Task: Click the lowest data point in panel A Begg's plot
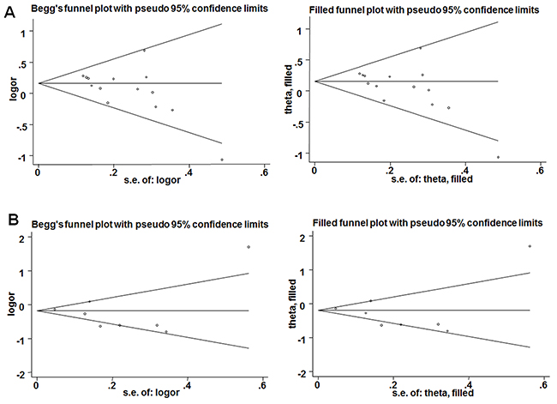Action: (222, 160)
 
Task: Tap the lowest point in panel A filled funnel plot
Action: (498, 157)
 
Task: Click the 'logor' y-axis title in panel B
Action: (13, 303)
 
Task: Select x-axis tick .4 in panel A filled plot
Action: (465, 171)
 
